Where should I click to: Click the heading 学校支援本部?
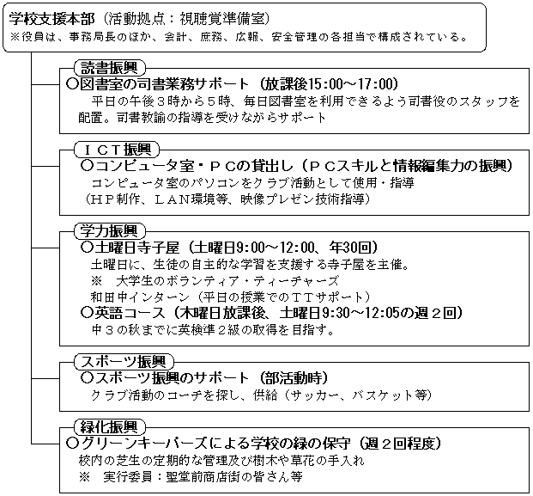click(x=51, y=19)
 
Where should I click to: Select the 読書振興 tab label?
click(x=110, y=68)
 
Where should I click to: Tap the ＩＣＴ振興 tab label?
click(x=117, y=150)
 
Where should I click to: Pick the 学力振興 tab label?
click(x=110, y=231)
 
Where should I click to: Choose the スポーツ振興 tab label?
click(x=124, y=362)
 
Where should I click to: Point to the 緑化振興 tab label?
click(x=110, y=426)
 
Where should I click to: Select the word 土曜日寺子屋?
click(x=136, y=248)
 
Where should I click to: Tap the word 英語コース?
click(x=130, y=313)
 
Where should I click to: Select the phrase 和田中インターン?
click(x=140, y=297)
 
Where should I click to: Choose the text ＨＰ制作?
click(x=116, y=199)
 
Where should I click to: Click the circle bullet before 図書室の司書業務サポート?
click(x=72, y=84)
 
